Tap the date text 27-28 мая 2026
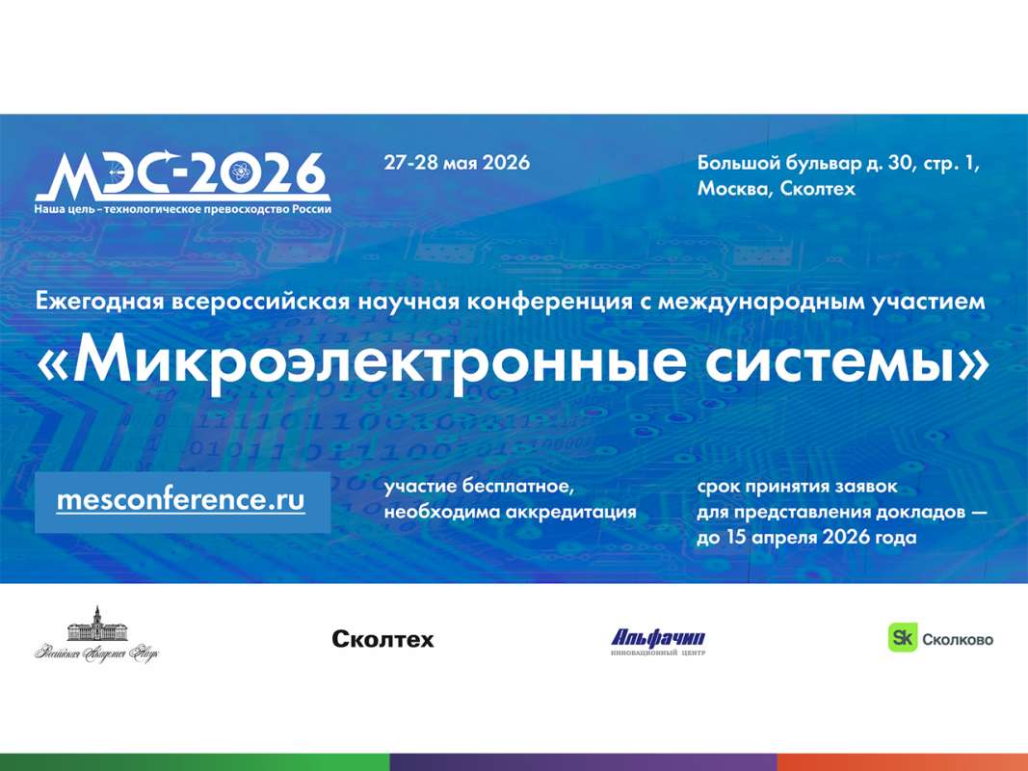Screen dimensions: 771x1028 point(456,162)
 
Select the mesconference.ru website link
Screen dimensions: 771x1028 point(181,500)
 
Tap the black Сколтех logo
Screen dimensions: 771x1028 point(382,639)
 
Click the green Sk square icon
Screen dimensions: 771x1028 point(901,637)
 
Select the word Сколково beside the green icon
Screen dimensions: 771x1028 point(958,638)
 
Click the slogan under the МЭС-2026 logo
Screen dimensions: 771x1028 point(182,208)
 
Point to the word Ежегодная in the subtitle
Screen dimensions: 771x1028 point(102,301)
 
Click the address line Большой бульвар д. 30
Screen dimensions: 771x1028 point(837,163)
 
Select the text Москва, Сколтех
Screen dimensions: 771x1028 point(776,189)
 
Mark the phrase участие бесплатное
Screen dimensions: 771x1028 point(485,488)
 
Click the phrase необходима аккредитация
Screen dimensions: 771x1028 point(510,512)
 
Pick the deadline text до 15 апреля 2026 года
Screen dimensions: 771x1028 point(805,537)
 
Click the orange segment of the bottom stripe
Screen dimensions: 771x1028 point(902,762)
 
